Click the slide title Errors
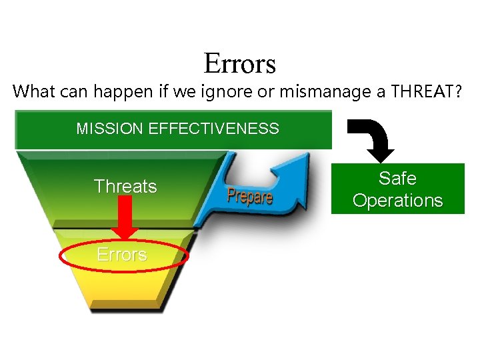[239, 64]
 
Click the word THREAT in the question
[418, 91]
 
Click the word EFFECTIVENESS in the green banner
[214, 129]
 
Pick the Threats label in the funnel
[125, 187]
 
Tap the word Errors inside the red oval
[121, 255]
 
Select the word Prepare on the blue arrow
[249, 196]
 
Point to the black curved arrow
[373, 137]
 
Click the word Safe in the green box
[397, 179]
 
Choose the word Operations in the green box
[397, 200]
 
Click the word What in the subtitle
[34, 91]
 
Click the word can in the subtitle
[73, 92]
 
